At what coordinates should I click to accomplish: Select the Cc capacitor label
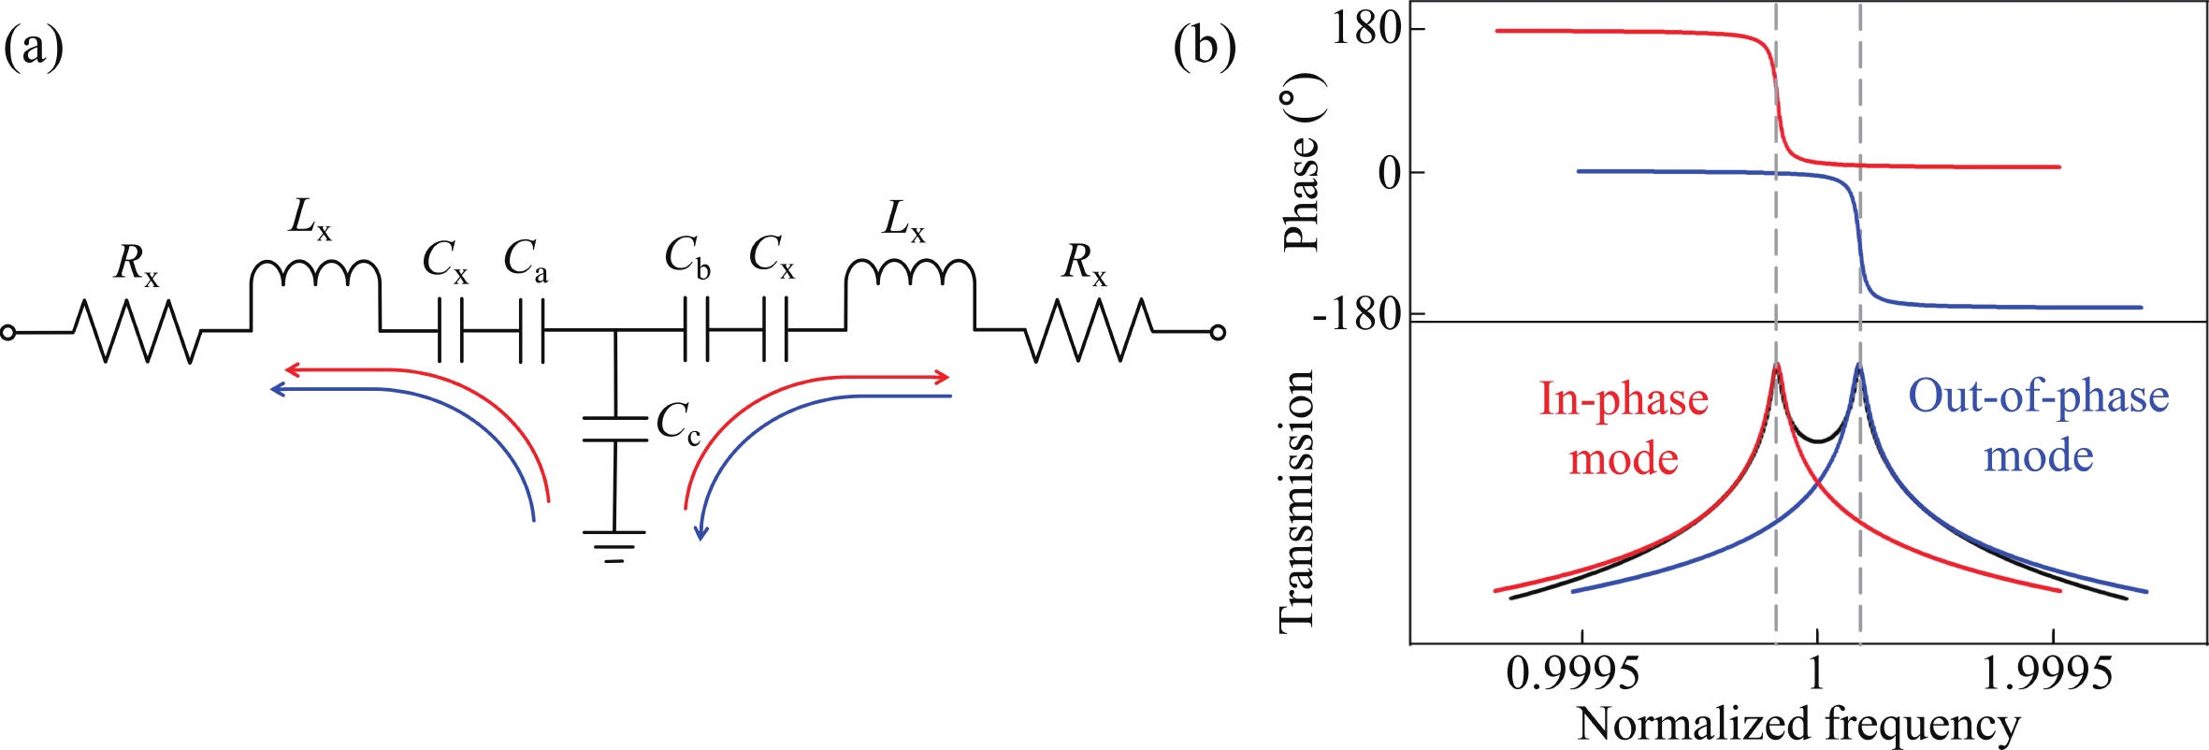pos(678,425)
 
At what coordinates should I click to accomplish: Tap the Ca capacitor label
pos(526,260)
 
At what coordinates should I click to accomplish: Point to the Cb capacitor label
pos(687,257)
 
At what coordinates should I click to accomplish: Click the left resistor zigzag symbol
pos(137,331)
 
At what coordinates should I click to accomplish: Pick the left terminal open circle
pos(8,332)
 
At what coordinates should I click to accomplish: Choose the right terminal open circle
pos(1217,332)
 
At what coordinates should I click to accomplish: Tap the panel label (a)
pos(35,48)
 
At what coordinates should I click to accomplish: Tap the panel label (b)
pos(1205,48)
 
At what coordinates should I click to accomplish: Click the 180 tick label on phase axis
pos(1365,30)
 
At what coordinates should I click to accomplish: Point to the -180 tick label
pos(1356,315)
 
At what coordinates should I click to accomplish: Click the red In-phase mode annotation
pos(1624,428)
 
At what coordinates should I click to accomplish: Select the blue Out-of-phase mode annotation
pos(2039,425)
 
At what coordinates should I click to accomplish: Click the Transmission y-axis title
pos(1298,500)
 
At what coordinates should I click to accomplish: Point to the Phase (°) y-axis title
pos(1303,168)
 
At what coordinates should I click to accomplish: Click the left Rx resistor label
pos(137,265)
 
